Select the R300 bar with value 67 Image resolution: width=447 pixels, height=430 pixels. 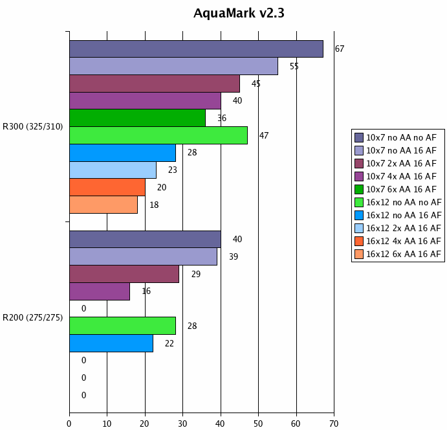pyautogui.click(x=196, y=49)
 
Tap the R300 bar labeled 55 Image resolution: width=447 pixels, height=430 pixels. pyautogui.click(x=173, y=66)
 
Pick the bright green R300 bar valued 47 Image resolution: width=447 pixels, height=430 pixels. pyautogui.click(x=158, y=135)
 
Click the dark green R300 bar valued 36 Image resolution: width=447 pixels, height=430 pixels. pyautogui.click(x=137, y=118)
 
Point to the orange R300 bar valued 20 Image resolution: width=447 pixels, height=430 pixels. pyautogui.click(x=107, y=187)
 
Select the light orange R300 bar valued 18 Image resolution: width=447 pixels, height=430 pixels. pyautogui.click(x=104, y=205)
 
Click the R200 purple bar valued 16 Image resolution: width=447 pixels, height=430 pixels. pyautogui.click(x=100, y=291)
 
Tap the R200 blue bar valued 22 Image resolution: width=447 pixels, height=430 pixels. pyautogui.click(x=111, y=343)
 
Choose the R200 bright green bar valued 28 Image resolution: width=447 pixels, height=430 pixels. pyautogui.click(x=122, y=326)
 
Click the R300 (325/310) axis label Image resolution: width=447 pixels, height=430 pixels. pyautogui.click(x=33, y=127)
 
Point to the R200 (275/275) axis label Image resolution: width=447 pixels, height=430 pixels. pyautogui.click(x=33, y=317)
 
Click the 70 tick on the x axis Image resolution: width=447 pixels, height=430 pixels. pyautogui.click(x=334, y=424)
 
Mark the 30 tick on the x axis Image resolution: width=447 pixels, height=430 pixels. pyautogui.click(x=182, y=424)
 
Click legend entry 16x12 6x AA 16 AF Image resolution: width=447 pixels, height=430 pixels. pyautogui.click(x=404, y=254)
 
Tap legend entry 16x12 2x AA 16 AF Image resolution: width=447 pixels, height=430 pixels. pyautogui.click(x=404, y=228)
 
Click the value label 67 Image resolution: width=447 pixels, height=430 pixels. pyautogui.click(x=339, y=49)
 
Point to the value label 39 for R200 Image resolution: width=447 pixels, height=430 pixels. pyautogui.click(x=233, y=257)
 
